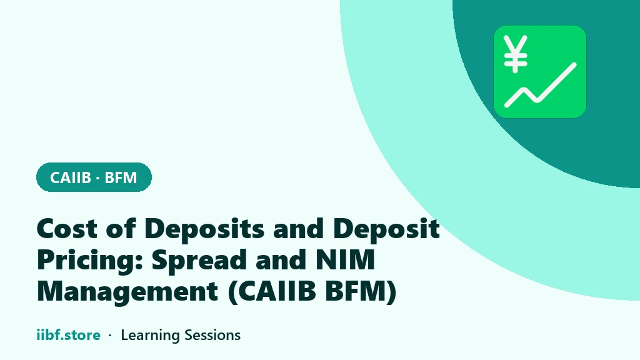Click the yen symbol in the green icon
pyautogui.click(x=516, y=54)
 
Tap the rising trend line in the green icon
pyautogui.click(x=541, y=85)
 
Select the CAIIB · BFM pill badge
pyautogui.click(x=94, y=177)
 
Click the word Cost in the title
pyautogui.click(x=67, y=228)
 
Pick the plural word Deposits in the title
pyautogui.click(x=204, y=229)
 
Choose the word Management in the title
pyautogui.click(x=127, y=292)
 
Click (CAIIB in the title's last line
pyautogui.click(x=271, y=292)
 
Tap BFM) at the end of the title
pyautogui.click(x=361, y=292)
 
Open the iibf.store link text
pyautogui.click(x=68, y=335)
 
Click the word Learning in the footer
pyautogui.click(x=151, y=336)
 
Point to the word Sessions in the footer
pyautogui.click(x=212, y=335)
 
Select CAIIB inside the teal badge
pyautogui.click(x=70, y=177)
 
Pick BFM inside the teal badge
pyautogui.click(x=121, y=177)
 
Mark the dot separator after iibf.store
pyautogui.click(x=110, y=336)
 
